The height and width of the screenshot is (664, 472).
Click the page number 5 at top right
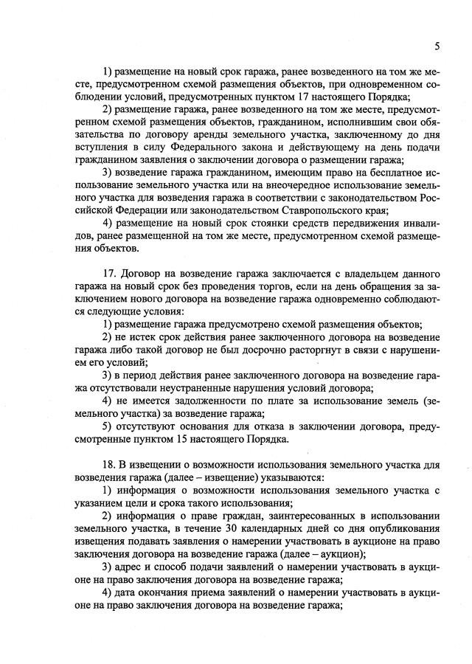[437, 46]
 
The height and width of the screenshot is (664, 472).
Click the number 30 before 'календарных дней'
[227, 529]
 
